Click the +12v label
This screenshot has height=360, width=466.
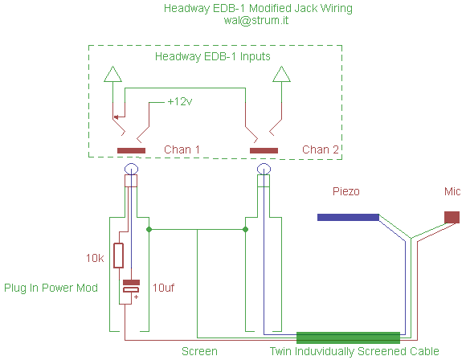(180, 102)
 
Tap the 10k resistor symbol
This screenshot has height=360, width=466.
(119, 256)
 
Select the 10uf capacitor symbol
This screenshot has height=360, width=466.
(131, 286)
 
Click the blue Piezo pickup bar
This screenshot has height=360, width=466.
(348, 217)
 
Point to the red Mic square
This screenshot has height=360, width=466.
(452, 217)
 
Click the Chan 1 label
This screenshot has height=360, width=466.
(182, 149)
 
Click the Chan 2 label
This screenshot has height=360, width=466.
(321, 149)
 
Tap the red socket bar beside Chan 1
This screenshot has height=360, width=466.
(131, 151)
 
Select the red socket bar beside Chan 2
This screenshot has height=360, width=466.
(264, 151)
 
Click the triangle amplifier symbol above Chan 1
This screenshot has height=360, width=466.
(113, 74)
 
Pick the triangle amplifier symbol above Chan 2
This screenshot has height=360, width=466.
(281, 74)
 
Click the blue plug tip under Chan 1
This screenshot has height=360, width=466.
(131, 169)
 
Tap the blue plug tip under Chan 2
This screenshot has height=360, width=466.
(264, 169)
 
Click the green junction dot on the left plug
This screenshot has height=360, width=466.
(149, 229)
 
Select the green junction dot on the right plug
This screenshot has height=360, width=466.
(246, 229)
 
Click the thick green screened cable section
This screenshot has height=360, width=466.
(348, 337)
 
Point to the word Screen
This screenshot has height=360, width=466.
(199, 351)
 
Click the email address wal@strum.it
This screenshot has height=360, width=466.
(256, 21)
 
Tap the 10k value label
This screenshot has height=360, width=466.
(95, 258)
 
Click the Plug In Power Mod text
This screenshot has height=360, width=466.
(51, 288)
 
